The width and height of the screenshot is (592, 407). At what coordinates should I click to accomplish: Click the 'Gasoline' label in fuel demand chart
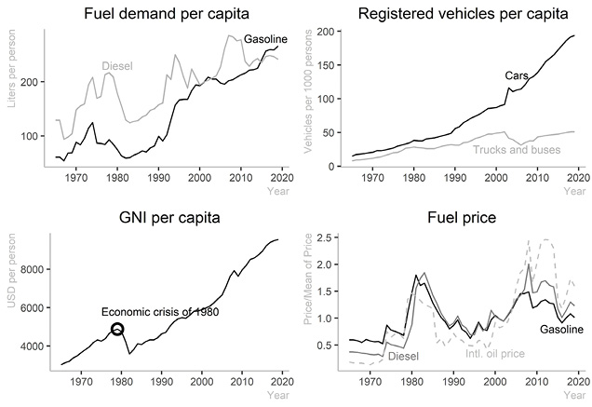pos(265,38)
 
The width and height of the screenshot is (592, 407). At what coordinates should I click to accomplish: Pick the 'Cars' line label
pos(518,75)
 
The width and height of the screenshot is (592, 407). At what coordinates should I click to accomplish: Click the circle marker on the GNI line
pos(117,330)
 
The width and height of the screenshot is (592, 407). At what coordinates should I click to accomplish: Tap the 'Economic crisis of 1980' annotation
pos(160,312)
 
